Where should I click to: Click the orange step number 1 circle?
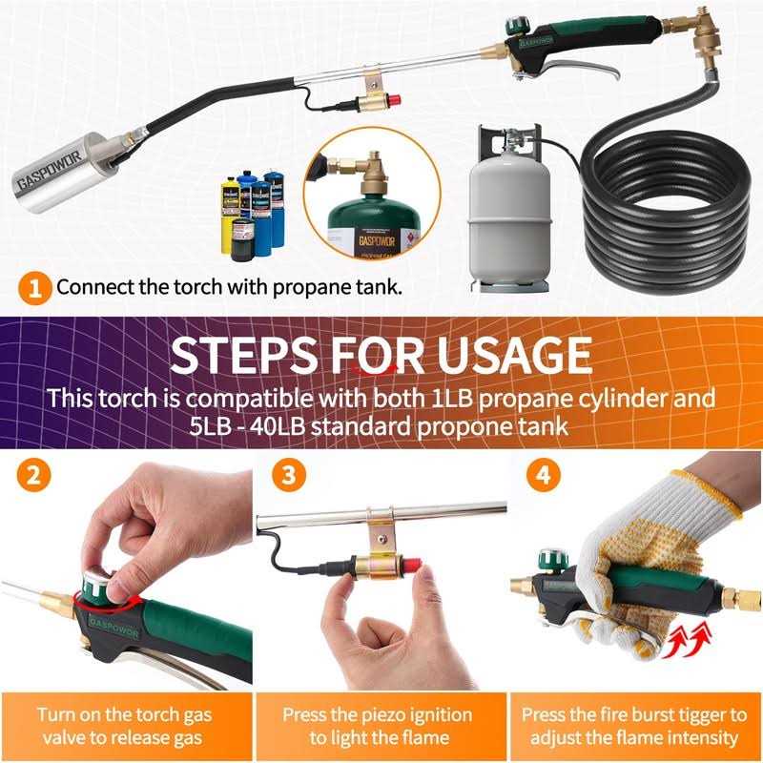pyautogui.click(x=34, y=287)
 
